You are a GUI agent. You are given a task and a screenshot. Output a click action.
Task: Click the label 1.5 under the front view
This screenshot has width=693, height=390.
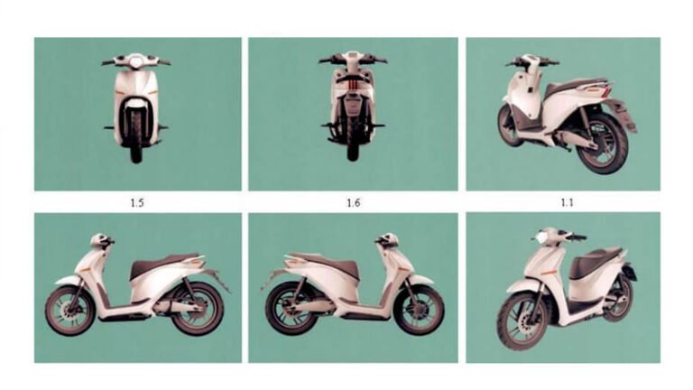pos(136,202)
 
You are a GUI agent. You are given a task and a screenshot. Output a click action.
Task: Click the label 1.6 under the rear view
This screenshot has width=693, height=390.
pos(353,202)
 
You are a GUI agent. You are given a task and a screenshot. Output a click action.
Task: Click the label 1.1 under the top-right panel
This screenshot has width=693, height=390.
pos(566,202)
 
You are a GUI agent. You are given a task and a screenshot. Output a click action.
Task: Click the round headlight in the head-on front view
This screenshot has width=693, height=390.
pos(136,62)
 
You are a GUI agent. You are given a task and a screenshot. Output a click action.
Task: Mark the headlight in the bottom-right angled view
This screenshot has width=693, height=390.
pos(542,237)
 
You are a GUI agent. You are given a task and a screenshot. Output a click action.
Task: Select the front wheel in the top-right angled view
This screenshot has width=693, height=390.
pos(509,125)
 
